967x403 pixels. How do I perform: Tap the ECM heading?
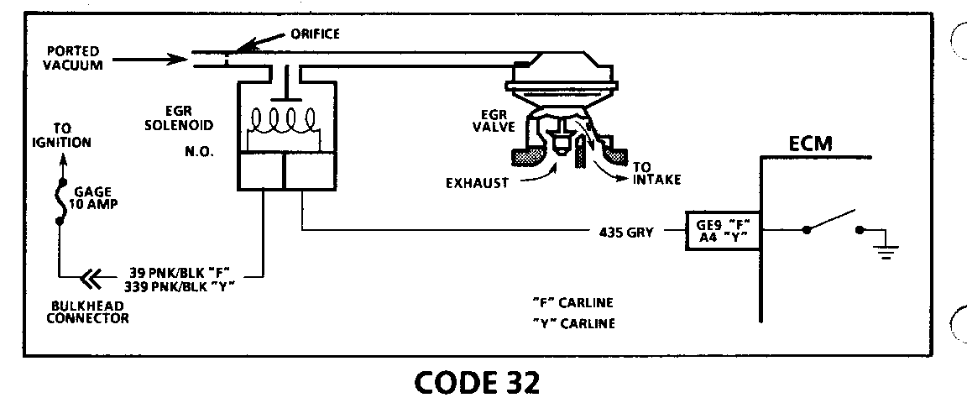(810, 144)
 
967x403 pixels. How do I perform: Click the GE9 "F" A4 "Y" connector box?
(723, 229)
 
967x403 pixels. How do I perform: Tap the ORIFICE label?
(316, 34)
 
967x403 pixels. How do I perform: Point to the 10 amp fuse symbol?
(60, 201)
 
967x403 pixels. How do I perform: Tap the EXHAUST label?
(478, 182)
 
